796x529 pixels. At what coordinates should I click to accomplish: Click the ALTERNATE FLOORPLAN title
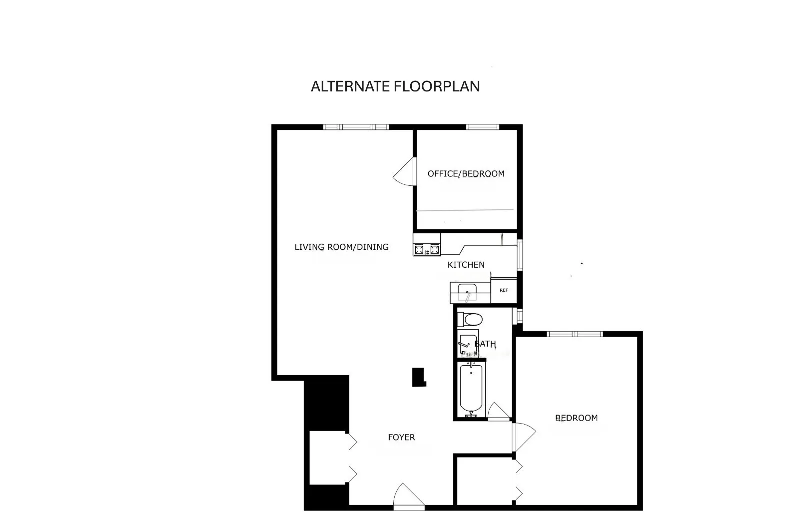point(395,86)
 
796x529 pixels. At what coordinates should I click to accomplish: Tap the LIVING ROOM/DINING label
point(341,247)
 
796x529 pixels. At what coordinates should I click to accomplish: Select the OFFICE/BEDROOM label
point(466,174)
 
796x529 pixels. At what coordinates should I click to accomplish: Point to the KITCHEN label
point(466,265)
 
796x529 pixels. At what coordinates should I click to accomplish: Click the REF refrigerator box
point(504,290)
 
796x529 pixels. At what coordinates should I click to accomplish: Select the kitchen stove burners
point(426,249)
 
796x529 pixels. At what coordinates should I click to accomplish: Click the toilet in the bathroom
point(470,319)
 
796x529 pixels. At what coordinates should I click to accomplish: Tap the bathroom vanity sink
point(467,343)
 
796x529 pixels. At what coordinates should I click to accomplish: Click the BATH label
point(485,344)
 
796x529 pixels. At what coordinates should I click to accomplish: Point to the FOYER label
point(401,438)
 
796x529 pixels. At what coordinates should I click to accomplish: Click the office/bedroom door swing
point(405,171)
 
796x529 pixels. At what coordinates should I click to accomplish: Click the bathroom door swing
point(498,411)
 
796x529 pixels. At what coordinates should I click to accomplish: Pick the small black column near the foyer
point(418,377)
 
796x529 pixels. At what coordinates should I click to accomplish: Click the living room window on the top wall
point(356,127)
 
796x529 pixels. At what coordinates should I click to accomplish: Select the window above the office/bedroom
point(482,127)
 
